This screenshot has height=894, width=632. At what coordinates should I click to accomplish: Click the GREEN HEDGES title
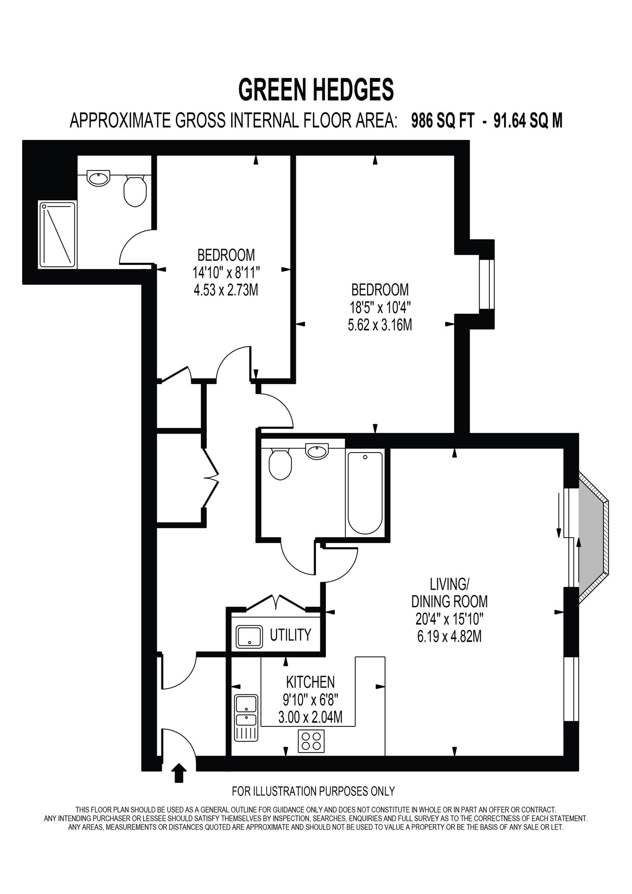tap(316, 90)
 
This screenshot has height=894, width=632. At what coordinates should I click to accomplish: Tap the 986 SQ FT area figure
tap(442, 121)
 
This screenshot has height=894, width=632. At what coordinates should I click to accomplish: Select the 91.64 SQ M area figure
tap(528, 121)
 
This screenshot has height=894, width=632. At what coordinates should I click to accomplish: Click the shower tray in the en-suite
tap(57, 235)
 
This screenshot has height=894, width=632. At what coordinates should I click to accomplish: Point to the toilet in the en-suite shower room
tap(135, 190)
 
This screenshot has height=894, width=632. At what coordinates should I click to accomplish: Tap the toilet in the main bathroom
tap(280, 464)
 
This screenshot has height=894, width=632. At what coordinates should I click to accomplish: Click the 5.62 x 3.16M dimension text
tap(380, 326)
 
